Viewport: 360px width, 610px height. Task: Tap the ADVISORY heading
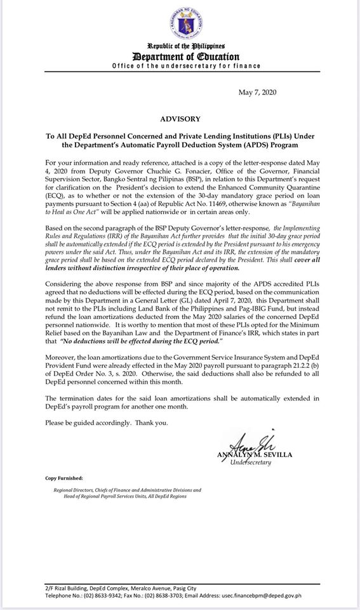181,119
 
